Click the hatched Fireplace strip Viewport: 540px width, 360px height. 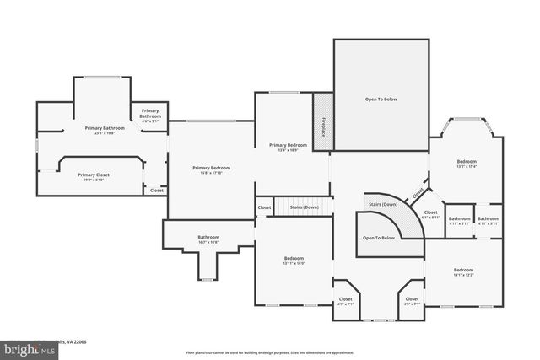pos(322,121)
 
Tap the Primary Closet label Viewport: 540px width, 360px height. pos(94,175)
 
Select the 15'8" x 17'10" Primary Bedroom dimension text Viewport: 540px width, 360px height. pos(211,173)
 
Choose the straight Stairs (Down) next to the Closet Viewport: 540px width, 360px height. pos(304,207)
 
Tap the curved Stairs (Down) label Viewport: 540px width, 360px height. pos(383,205)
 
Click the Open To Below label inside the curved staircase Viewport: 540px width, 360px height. pos(379,238)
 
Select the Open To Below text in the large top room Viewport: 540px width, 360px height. pos(381,99)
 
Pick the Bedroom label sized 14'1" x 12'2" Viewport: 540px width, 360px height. pos(463,269)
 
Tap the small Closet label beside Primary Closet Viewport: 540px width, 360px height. pos(157,191)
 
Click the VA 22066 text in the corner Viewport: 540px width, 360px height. pos(76,341)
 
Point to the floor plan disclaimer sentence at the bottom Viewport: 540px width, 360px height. pos(270,352)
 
